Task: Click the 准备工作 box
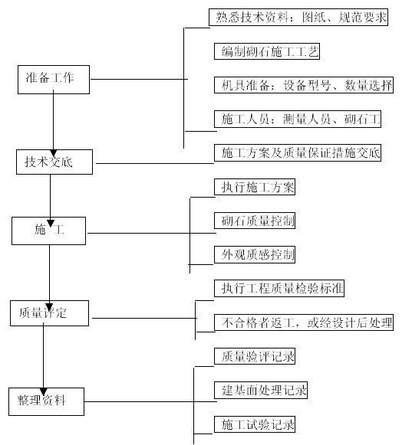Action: (x=54, y=80)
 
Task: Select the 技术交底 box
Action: (x=54, y=162)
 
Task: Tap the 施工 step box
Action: (x=48, y=231)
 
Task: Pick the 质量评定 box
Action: (x=49, y=313)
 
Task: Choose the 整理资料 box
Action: (x=46, y=401)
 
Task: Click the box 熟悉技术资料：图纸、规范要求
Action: (x=298, y=17)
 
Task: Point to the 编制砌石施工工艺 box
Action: (x=267, y=51)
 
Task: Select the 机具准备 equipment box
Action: (x=304, y=85)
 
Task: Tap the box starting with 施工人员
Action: (x=298, y=119)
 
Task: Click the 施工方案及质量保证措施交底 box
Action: (x=298, y=152)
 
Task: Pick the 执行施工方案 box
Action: (x=255, y=187)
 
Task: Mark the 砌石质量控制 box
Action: (x=255, y=221)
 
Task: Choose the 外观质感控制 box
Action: (x=255, y=254)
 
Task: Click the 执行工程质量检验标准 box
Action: (x=279, y=288)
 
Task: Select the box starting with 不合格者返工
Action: (x=304, y=322)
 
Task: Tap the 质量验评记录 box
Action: (x=255, y=356)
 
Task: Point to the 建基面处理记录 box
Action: (x=261, y=390)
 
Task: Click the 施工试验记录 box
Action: (x=255, y=424)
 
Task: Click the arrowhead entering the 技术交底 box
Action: (x=54, y=153)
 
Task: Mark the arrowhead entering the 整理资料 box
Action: (x=44, y=391)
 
